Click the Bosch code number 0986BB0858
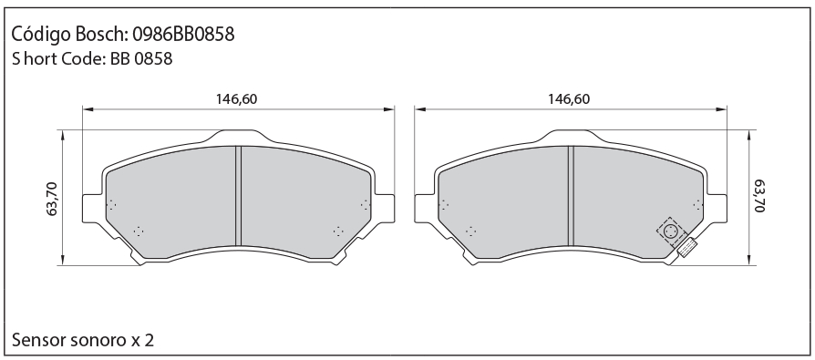tap(183, 35)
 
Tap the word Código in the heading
tap(40, 35)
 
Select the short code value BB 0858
tap(141, 58)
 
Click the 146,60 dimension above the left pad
tap(236, 98)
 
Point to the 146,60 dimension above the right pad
tap(569, 98)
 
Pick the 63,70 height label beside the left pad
tap(53, 199)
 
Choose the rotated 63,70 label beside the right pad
tap(759, 196)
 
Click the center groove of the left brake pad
tap(239, 196)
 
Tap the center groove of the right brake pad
tap(571, 196)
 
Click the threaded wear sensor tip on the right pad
tap(687, 247)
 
